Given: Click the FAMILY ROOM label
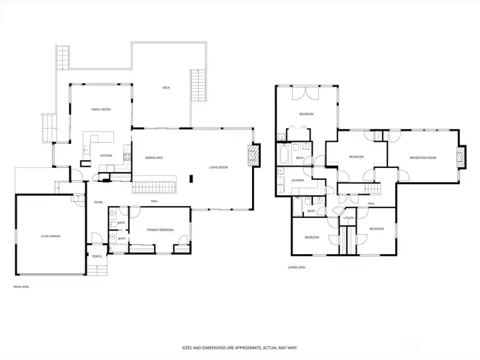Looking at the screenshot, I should click(101, 109).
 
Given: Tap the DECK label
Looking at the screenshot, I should click(166, 87).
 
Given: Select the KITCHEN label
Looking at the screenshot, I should click(106, 155).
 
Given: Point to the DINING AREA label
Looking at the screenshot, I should click(154, 157).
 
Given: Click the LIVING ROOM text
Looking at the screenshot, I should click(218, 167).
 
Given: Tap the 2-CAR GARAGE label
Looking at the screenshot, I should click(50, 236).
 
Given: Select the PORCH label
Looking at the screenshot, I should click(97, 256).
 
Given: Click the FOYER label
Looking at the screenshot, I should click(98, 202).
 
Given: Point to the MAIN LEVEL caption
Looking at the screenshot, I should click(21, 287).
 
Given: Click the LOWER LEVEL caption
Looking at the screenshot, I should click(297, 267).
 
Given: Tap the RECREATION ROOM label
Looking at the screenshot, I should click(423, 157).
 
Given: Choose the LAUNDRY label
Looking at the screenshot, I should click(298, 180).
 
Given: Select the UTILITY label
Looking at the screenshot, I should click(348, 218).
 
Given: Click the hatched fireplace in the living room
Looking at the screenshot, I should click(253, 155).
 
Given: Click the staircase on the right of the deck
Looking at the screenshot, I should click(198, 85).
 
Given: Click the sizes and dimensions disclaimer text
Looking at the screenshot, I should click(239, 347).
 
